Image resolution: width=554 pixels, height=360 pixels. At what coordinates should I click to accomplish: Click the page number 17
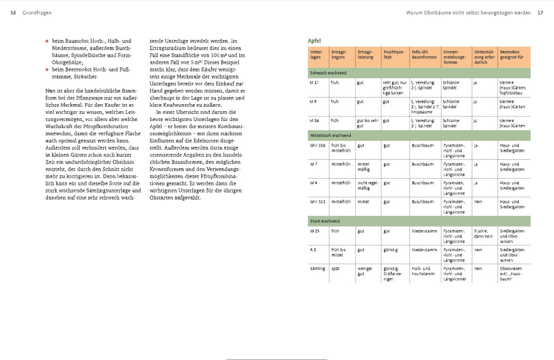pos(540,13)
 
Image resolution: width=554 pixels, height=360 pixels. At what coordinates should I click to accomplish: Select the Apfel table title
pos(314,41)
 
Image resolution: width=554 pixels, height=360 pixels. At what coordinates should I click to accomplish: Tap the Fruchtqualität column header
pos(393,55)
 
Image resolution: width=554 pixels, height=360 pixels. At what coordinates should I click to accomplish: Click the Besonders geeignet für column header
pos(511,55)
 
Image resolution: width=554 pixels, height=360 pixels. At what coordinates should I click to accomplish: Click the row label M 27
pos(315,82)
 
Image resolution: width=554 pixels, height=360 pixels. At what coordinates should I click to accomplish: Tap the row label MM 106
pos(317,146)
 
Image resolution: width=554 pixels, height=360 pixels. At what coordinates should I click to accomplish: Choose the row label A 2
pos(313,250)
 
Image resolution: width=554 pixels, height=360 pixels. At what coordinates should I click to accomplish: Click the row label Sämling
pos(317,269)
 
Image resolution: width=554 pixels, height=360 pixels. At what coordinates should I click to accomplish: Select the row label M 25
pos(315,231)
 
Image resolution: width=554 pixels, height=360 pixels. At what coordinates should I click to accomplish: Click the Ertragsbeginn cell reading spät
pos(335,269)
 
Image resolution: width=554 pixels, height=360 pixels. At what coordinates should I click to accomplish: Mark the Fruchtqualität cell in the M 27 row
pos(394,87)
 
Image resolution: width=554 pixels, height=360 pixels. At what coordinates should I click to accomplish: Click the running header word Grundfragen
pos(37,13)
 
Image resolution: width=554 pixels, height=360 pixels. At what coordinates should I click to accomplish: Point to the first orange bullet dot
pos(47,41)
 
